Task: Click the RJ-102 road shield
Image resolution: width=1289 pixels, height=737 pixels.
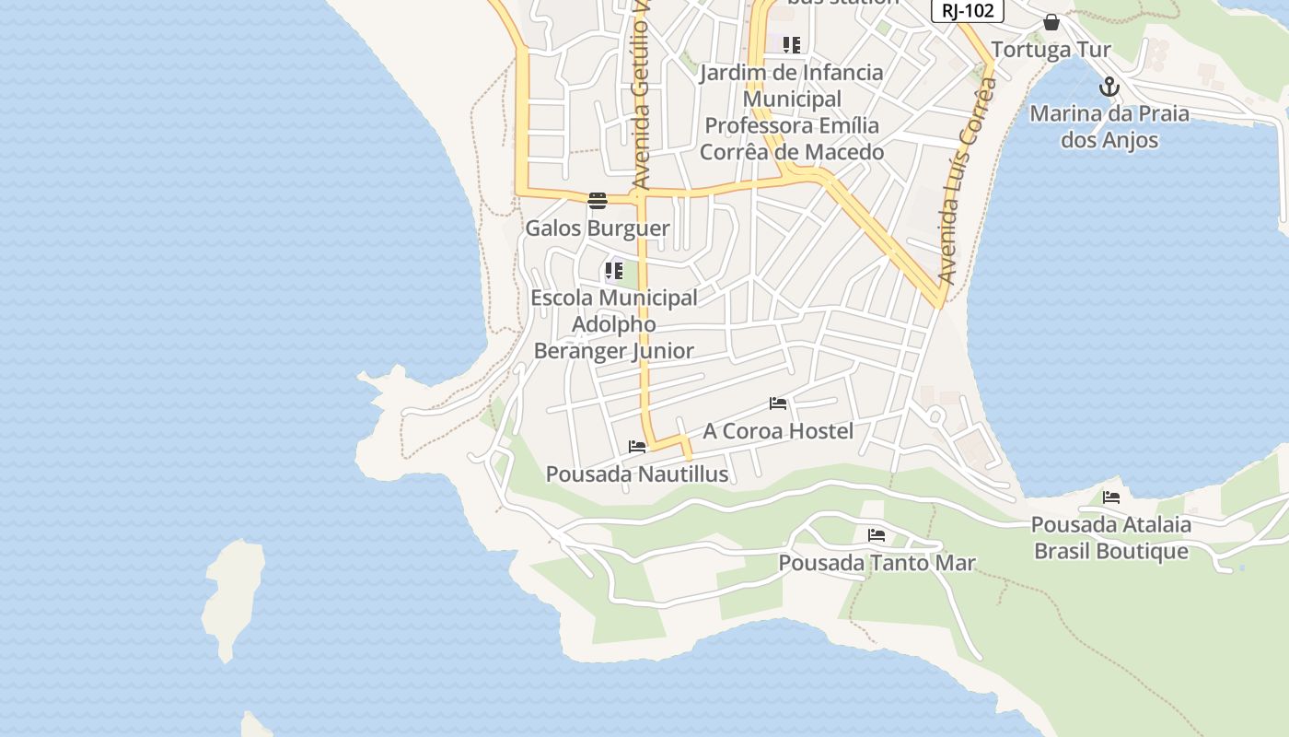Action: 967,10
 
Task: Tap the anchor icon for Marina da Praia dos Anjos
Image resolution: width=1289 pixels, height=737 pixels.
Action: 1109,88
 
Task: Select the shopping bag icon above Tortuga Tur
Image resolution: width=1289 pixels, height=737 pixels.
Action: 1051,22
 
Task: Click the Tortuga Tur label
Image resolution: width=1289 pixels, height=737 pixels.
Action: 1051,49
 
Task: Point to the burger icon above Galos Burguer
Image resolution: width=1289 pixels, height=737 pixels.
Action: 598,201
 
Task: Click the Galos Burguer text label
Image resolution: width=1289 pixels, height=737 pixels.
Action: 598,228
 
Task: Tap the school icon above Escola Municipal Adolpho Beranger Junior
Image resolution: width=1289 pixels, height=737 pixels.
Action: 613,271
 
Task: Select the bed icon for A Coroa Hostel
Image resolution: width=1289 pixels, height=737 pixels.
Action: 778,404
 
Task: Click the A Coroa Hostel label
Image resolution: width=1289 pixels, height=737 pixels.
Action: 778,430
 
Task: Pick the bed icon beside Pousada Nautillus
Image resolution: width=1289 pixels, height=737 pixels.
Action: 637,447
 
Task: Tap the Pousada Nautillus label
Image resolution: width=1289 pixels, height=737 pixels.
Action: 637,474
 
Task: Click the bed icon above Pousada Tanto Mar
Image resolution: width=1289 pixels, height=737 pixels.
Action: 877,535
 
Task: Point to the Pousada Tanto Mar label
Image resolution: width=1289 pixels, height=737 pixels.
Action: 877,562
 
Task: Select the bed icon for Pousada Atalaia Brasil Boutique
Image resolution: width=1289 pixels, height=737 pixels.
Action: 1111,497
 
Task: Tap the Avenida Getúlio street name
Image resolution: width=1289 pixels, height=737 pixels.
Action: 642,97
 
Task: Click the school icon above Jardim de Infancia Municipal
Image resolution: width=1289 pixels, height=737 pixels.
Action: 792,44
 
